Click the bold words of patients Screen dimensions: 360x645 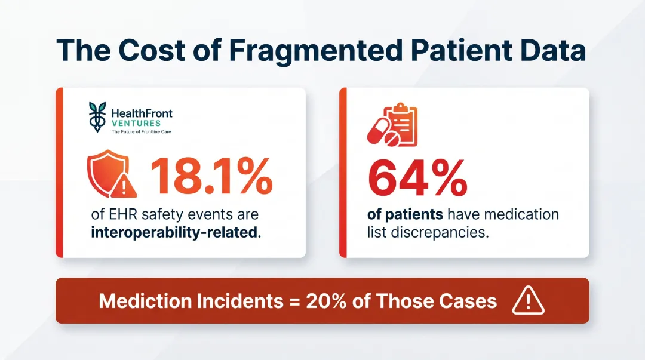tap(405, 214)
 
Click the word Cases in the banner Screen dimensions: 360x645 tap(466, 301)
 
